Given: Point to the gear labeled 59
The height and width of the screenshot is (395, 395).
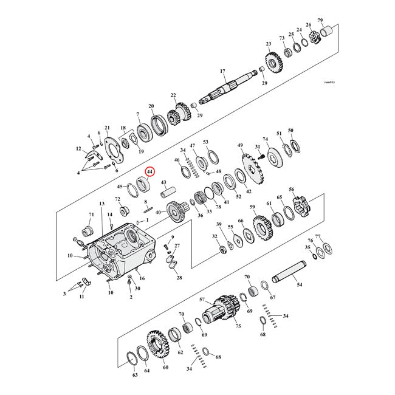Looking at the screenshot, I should (261, 228).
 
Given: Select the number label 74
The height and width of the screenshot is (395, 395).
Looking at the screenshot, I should (265, 139).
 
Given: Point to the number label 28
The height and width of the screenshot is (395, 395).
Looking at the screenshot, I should (179, 278).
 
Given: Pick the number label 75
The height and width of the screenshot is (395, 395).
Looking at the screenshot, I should (238, 326).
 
